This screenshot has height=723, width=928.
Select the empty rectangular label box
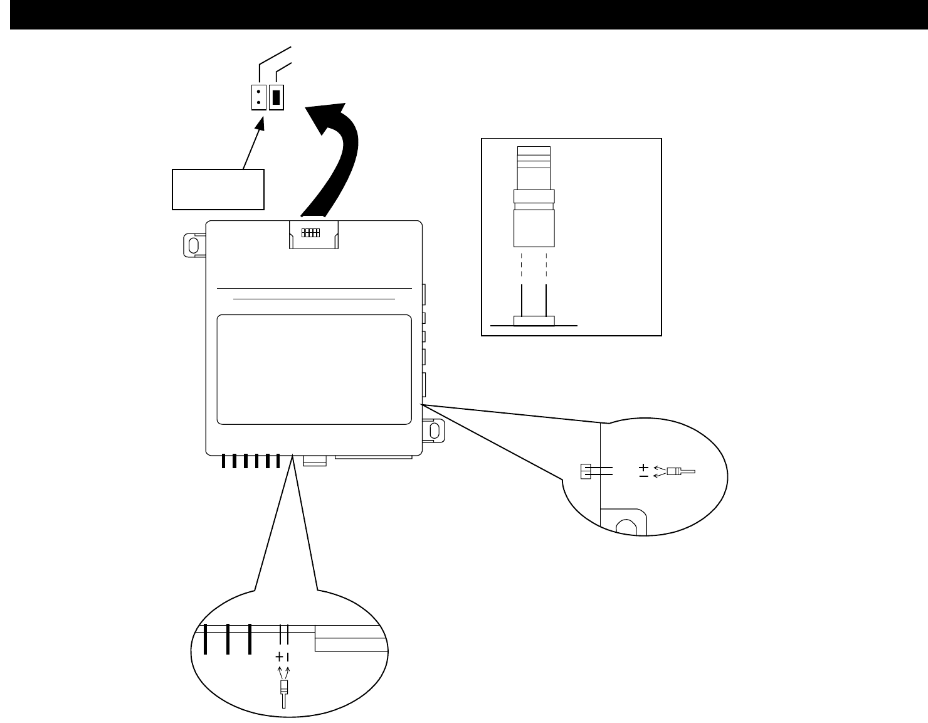[x=218, y=189]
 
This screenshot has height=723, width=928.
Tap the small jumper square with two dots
[x=258, y=97]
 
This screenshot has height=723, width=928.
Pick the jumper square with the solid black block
[x=277, y=97]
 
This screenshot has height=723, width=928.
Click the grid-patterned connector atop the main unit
[x=311, y=233]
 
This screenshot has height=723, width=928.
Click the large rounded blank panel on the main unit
[x=314, y=370]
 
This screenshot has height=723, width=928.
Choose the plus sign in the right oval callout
[x=643, y=467]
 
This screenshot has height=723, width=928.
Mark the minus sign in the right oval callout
[x=643, y=476]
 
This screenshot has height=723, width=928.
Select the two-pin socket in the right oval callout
[x=585, y=471]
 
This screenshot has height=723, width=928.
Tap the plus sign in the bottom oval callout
[x=279, y=657]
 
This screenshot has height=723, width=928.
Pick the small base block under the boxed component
[x=534, y=321]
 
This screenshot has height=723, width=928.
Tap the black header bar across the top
[x=464, y=14]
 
